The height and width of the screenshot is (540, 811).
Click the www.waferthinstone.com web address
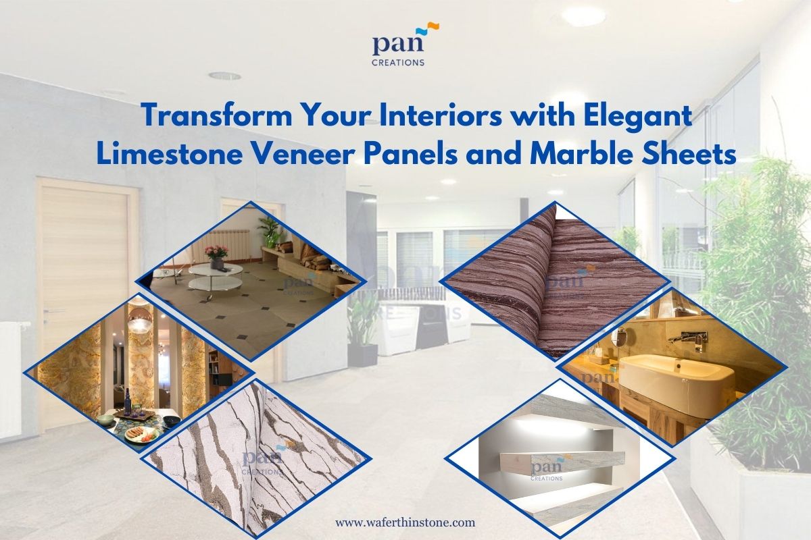point(405,522)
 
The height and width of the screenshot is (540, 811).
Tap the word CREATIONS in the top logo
point(398,62)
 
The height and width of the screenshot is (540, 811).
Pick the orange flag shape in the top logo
point(433,26)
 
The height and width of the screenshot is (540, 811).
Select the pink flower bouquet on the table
point(216,251)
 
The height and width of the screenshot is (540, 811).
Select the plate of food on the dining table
point(143,434)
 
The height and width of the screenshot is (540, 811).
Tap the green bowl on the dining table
point(104,419)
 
